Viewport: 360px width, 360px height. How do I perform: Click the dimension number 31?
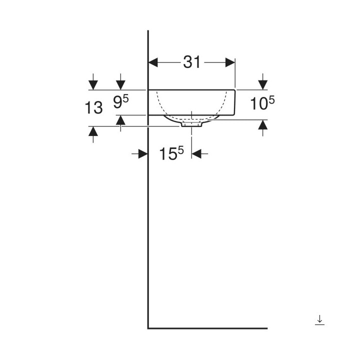tap(191, 62)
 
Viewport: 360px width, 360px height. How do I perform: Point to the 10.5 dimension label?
tap(262, 103)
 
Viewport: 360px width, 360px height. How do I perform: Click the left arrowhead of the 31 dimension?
tap(154, 62)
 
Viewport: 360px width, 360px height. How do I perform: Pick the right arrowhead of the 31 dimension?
tap(230, 62)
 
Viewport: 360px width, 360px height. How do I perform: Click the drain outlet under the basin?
tap(191, 124)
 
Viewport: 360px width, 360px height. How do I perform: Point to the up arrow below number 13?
tap(93, 132)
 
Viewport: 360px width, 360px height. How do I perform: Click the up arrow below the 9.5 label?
tap(120, 120)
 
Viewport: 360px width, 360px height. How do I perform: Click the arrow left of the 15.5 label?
tap(141, 154)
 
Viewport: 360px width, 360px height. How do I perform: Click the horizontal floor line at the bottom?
tap(207, 328)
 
